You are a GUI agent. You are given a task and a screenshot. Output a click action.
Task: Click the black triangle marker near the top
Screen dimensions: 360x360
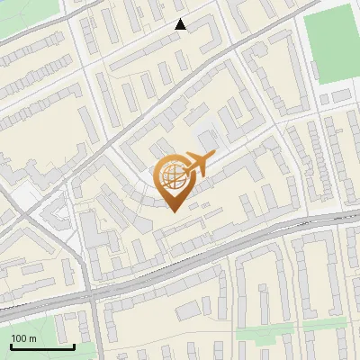[x=180, y=25]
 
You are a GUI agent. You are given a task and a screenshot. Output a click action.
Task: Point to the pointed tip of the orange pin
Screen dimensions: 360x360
[x=172, y=211]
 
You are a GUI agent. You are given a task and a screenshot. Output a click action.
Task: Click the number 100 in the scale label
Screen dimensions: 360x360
[x=19, y=338]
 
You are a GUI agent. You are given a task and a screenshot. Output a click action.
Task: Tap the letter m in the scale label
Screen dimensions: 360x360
[x=32, y=338]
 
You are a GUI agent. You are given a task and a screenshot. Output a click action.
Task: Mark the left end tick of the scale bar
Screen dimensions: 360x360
[x=10, y=345]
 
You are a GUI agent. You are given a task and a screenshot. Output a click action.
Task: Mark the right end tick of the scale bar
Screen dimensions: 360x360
[x=74, y=345]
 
